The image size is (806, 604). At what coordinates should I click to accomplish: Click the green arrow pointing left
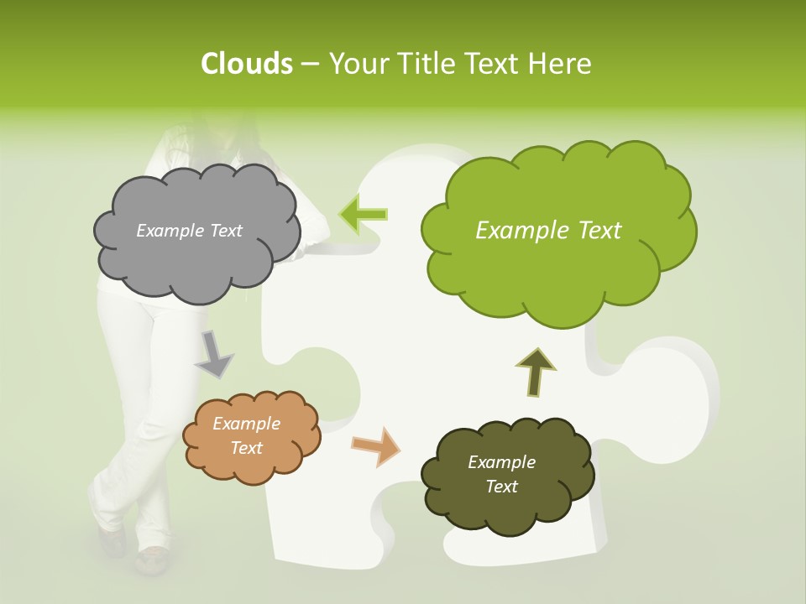coord(363,213)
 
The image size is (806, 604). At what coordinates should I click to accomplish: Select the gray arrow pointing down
coord(213,354)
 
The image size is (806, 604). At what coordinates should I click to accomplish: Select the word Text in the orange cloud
coord(246,448)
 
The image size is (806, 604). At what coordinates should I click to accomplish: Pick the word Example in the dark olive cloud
coord(501,462)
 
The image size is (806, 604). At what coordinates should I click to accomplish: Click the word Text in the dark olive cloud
coord(501,487)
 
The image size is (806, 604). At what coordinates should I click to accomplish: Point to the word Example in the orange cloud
coord(246,424)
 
